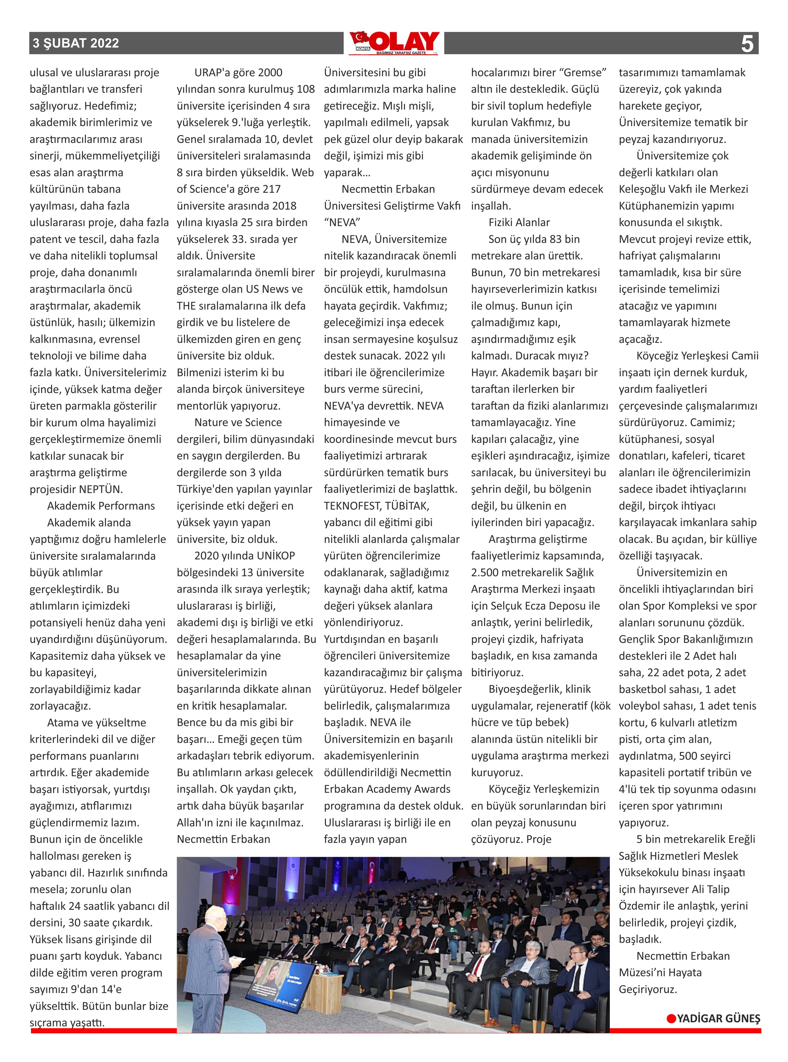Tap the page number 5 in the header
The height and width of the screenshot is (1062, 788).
coord(747,44)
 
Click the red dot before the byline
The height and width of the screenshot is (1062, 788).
coord(671,1019)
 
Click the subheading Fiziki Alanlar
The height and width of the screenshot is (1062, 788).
coord(519,222)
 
